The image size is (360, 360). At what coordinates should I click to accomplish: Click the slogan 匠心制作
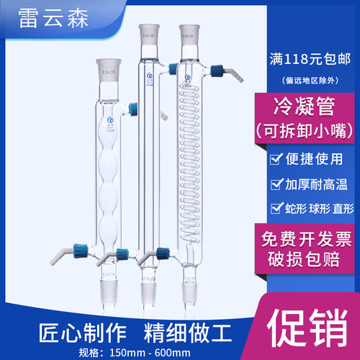pos(71,333)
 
